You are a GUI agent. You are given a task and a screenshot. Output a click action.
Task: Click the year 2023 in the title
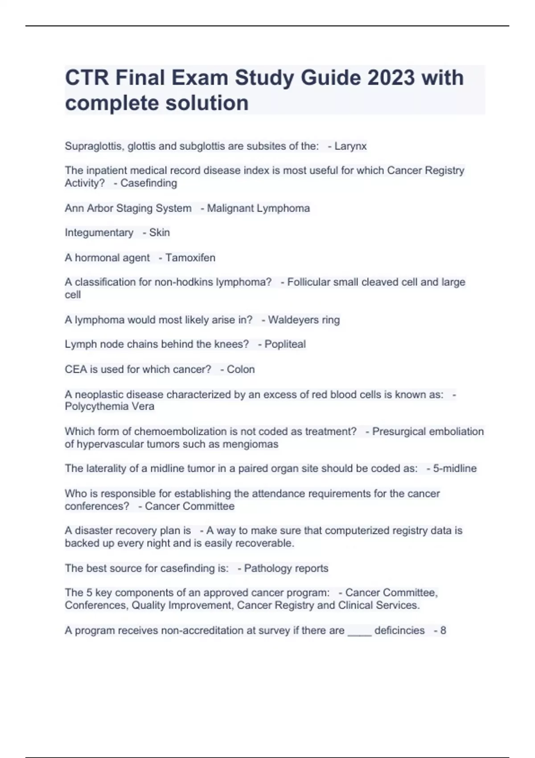point(391,78)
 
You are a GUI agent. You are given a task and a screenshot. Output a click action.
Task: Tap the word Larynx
point(350,146)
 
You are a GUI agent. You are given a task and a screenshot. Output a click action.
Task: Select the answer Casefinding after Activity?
point(148,183)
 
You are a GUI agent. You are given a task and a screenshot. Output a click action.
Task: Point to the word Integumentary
point(99,233)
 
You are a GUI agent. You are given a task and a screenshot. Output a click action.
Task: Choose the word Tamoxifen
point(190,258)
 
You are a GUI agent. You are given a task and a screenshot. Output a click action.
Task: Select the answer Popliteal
point(285,344)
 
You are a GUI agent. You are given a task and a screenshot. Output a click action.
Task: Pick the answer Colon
point(241,370)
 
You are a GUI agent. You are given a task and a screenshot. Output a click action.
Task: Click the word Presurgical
point(399,432)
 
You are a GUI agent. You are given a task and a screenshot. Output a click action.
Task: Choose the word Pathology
point(266,568)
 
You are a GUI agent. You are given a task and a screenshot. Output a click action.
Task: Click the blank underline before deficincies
point(359,631)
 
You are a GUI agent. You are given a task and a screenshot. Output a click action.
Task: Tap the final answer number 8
point(443,630)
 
